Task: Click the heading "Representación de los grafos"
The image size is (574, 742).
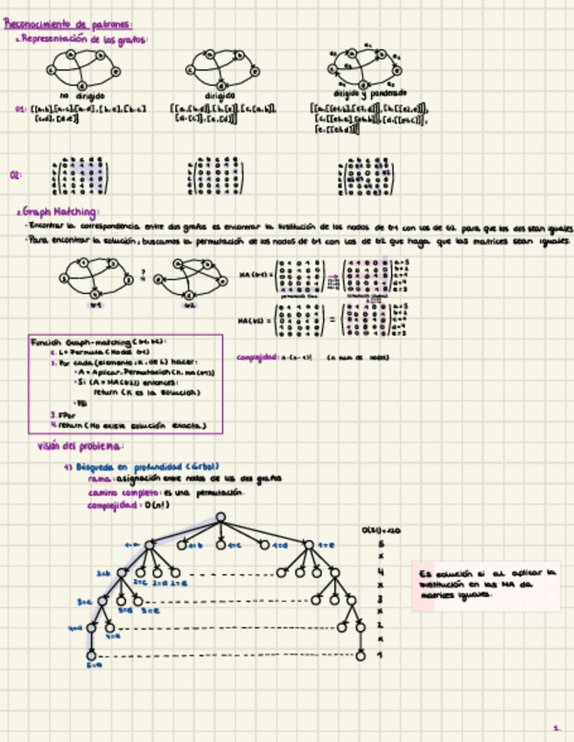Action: pos(84,40)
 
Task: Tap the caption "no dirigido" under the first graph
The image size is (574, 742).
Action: pos(82,95)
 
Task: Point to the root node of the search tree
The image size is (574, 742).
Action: pos(221,518)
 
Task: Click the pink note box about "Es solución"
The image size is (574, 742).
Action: pos(486,584)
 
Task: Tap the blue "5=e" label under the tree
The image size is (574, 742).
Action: pos(94,665)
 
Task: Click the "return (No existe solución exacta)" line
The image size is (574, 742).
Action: pos(131,426)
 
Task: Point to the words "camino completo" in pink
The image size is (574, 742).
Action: pos(115,493)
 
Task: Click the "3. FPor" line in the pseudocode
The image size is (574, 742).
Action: pos(61,414)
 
